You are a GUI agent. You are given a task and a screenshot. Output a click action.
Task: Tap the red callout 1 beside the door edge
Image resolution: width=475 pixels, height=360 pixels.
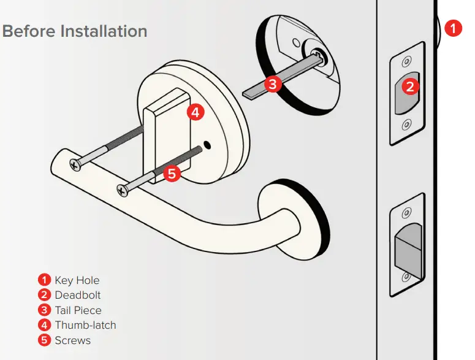(453, 28)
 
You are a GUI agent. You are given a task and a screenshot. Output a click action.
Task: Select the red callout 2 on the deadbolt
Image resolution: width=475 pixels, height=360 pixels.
(411, 86)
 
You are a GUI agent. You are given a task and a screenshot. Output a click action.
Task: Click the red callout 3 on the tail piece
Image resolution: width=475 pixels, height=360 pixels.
(273, 84)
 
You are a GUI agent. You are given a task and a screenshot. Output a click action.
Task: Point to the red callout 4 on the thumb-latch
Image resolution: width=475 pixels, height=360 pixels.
(194, 112)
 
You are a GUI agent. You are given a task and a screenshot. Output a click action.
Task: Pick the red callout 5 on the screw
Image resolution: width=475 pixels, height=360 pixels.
(172, 174)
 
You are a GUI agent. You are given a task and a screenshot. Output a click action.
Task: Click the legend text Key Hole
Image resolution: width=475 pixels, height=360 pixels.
(77, 280)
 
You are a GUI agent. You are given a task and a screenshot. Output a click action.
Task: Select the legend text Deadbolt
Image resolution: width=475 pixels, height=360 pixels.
(77, 295)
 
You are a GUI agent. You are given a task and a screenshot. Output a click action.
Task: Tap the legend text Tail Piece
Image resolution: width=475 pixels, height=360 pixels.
(78, 310)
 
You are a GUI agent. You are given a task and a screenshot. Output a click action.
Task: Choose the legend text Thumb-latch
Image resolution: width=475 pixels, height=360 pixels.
(85, 325)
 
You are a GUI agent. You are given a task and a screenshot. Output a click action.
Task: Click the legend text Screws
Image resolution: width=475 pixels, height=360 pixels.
(72, 340)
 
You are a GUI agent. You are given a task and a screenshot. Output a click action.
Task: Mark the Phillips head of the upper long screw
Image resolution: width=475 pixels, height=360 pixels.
(75, 164)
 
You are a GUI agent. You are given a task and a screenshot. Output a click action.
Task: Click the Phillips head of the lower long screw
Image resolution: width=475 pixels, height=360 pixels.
(123, 191)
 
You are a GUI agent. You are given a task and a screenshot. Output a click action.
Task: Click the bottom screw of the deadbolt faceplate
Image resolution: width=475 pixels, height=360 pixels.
(405, 126)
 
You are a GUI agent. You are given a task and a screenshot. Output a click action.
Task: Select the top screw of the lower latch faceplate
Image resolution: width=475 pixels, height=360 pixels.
(405, 213)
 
